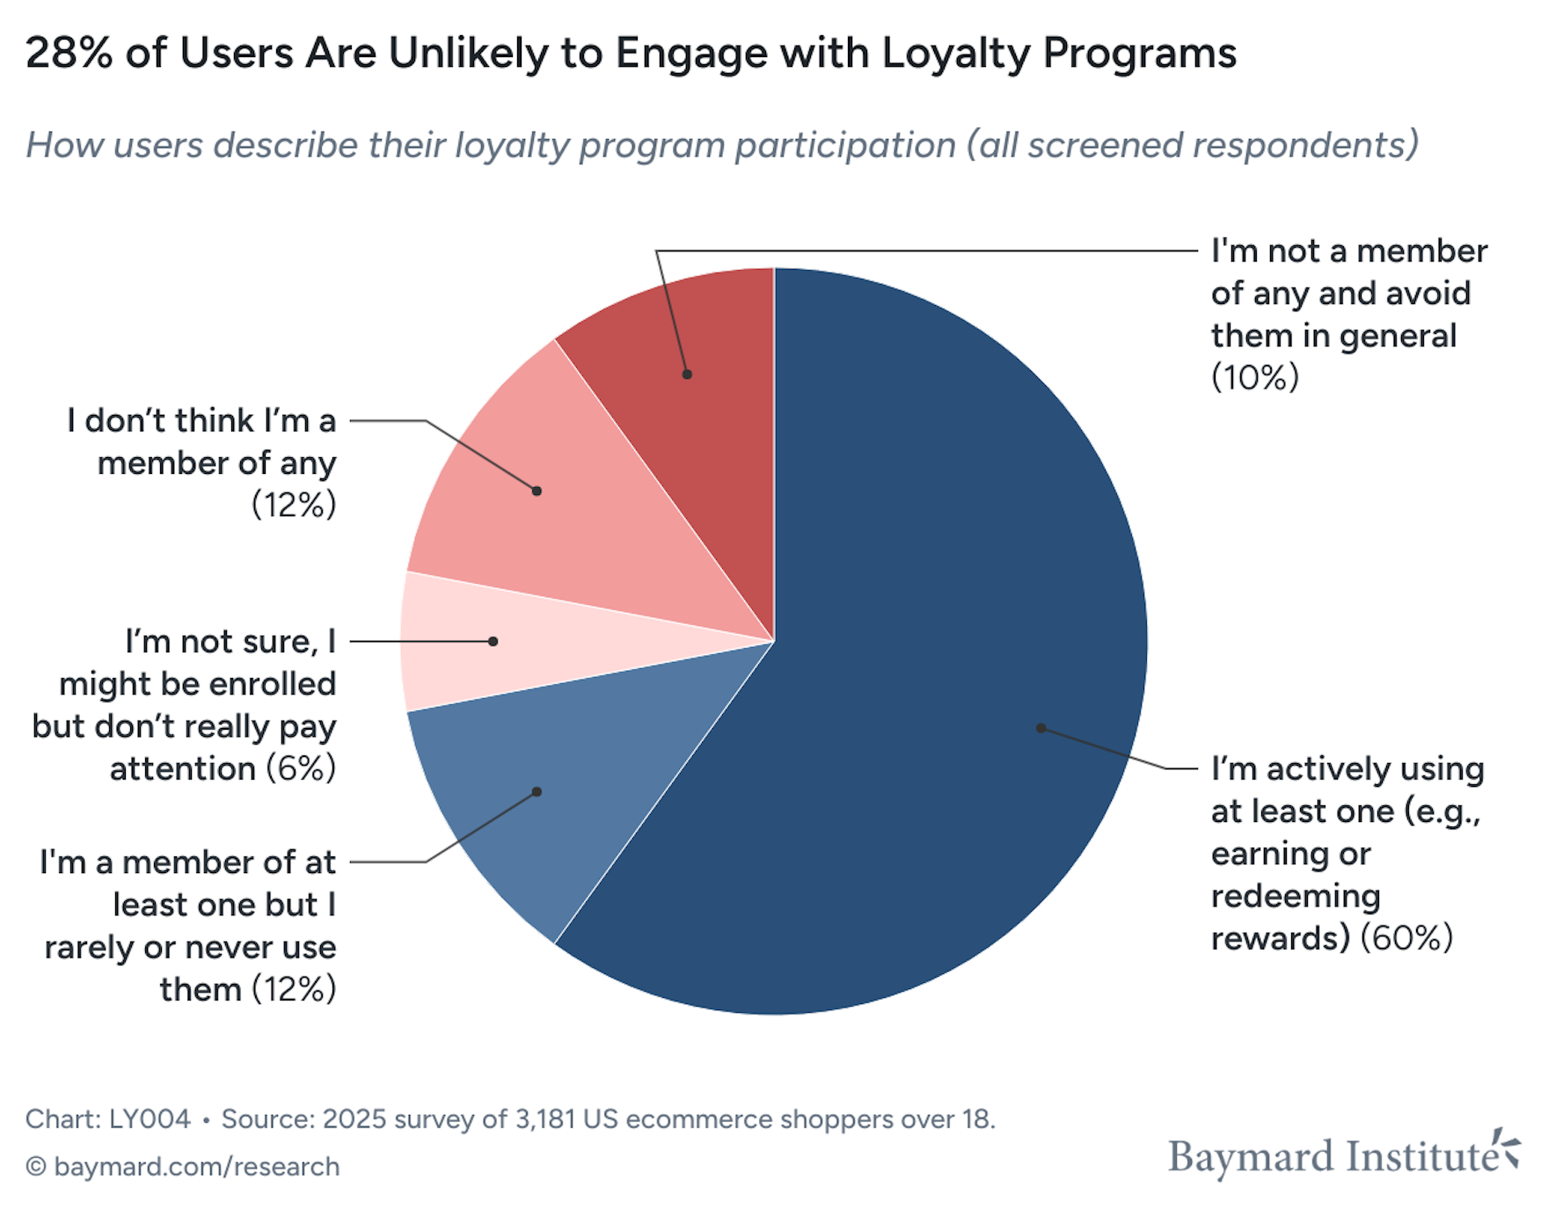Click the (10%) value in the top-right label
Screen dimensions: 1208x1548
tap(1254, 378)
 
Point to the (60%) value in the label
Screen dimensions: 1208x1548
tap(1406, 938)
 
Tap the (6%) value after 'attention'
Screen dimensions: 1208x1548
tap(300, 769)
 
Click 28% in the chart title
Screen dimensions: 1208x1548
tap(69, 53)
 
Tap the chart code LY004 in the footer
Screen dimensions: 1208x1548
tap(149, 1119)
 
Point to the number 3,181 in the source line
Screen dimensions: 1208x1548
tap(545, 1119)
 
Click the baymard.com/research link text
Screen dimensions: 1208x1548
tap(196, 1167)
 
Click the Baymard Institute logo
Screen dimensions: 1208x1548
tap(1342, 1155)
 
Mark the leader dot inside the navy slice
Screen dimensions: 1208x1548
tap(1041, 728)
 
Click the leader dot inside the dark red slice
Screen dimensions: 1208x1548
tap(687, 375)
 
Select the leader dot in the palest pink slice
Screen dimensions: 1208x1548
tap(493, 642)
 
